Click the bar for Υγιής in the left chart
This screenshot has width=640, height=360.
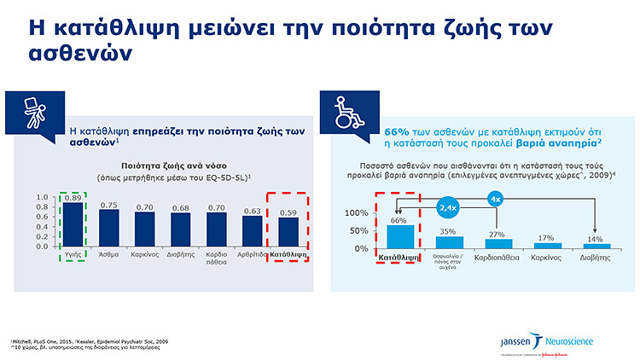tap(73, 224)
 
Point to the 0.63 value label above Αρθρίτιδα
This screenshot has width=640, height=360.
tap(252, 210)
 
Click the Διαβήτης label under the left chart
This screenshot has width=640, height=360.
tap(180, 254)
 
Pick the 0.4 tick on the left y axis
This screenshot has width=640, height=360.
tap(42, 226)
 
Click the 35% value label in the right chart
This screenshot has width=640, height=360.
tap(445, 230)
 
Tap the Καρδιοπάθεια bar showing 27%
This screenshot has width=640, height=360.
tap(494, 243)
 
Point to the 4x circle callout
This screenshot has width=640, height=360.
tap(495, 200)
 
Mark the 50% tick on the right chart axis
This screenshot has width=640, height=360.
tap(358, 230)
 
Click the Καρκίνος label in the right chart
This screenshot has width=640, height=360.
tap(546, 256)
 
